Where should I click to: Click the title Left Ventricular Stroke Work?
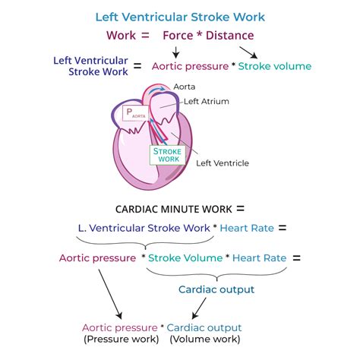180,16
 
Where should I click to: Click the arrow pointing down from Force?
176,52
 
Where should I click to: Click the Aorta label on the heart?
185,87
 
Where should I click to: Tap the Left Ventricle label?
222,163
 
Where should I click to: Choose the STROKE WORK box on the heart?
167,155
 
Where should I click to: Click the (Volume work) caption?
205,339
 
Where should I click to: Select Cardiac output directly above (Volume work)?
205,327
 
